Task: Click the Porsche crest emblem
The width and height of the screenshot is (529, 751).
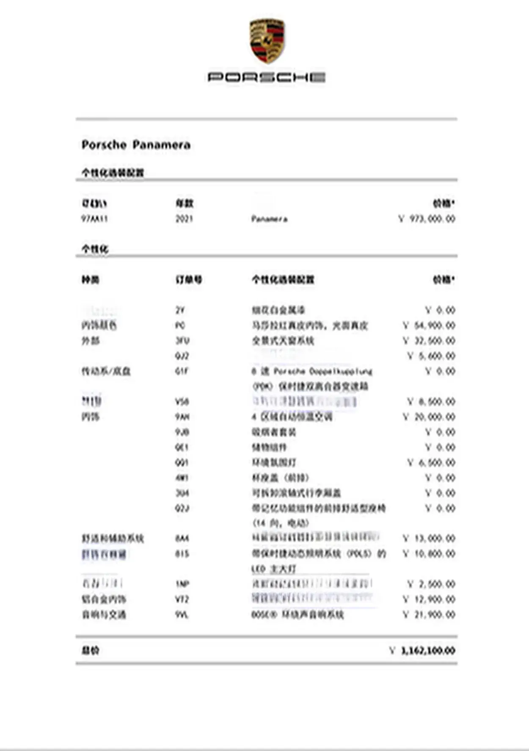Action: (267, 41)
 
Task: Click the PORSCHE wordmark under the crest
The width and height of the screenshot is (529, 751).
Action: (267, 77)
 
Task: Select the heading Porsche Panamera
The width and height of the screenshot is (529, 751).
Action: (136, 145)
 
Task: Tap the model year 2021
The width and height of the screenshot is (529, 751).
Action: (184, 219)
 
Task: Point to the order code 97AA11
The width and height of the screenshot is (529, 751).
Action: (94, 219)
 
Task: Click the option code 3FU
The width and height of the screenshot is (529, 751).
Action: (182, 341)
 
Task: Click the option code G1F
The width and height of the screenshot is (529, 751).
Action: (181, 371)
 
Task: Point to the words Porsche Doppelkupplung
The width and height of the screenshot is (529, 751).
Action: (323, 371)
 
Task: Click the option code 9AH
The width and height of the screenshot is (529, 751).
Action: (182, 417)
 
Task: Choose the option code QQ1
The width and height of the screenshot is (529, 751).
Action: (182, 463)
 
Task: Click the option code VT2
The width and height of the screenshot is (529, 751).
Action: (182, 599)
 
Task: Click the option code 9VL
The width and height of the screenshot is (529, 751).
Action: (182, 615)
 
